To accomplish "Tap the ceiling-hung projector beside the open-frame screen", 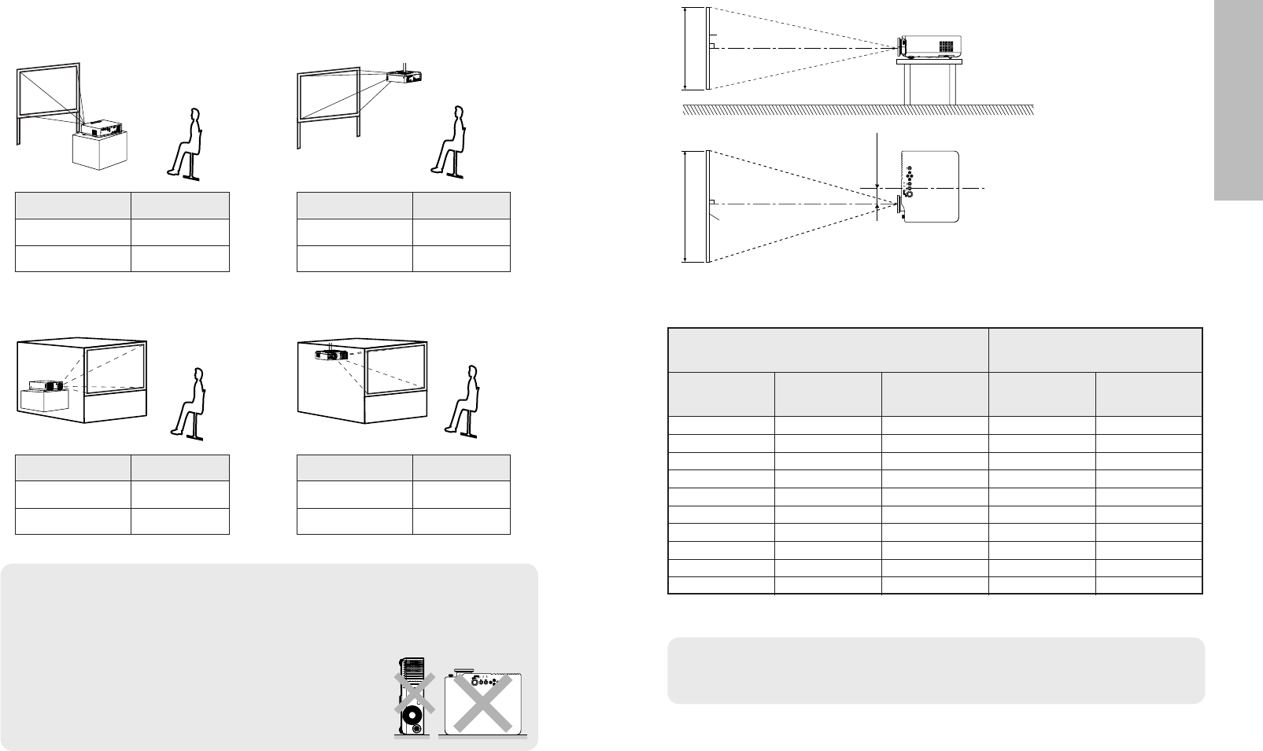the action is click(x=407, y=77).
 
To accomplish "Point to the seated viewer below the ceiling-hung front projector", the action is click(x=450, y=142).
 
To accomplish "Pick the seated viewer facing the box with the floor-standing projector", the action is click(x=189, y=401).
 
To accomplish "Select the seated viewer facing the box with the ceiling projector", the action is click(x=462, y=401).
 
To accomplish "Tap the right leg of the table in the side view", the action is click(x=953, y=83).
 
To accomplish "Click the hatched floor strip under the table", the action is click(x=858, y=110).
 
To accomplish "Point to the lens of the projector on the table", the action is click(x=900, y=47).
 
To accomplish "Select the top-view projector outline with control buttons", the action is click(x=931, y=187).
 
